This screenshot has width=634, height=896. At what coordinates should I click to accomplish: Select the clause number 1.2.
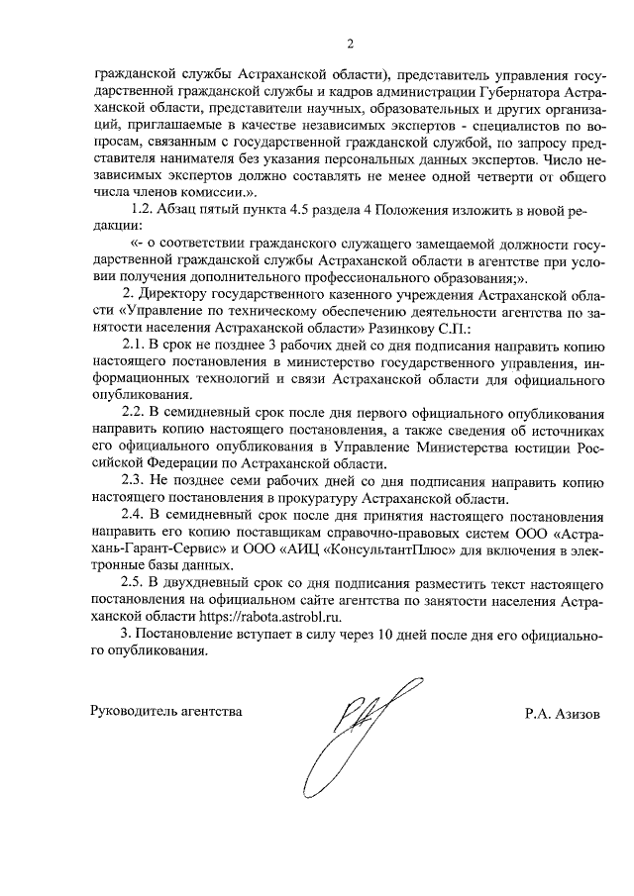coord(147,210)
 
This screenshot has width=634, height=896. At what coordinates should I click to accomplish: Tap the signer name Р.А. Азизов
coord(563,712)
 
